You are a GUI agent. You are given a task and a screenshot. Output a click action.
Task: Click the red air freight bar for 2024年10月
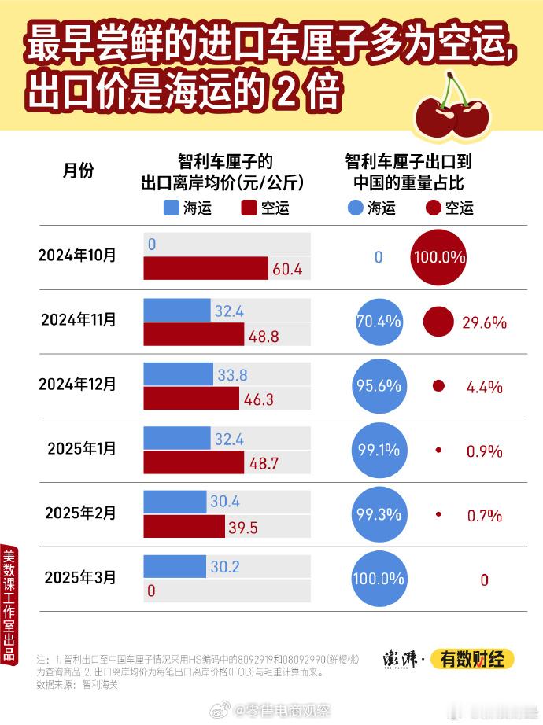point(206,269)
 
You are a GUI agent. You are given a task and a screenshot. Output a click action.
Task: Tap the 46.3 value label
point(258,399)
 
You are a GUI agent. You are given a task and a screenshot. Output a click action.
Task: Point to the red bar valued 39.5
point(194,528)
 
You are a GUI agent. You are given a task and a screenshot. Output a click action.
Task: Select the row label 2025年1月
point(81,448)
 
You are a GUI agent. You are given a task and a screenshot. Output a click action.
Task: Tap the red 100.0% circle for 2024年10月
point(438,257)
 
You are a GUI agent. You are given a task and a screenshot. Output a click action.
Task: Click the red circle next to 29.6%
point(438,322)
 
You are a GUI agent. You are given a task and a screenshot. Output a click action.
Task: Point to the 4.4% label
point(484,387)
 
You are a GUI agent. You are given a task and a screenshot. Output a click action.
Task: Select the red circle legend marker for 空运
point(432,208)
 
